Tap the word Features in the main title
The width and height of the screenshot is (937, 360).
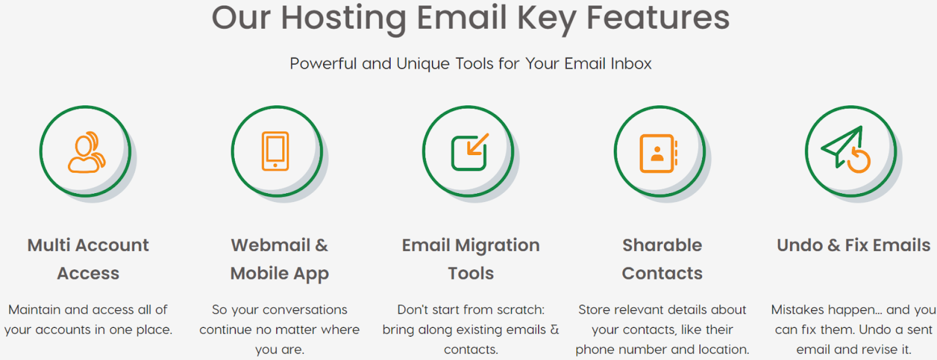click(658, 18)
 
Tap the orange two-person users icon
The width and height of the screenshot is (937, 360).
click(87, 152)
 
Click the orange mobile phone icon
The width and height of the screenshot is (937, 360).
click(275, 151)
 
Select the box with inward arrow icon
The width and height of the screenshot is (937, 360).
click(470, 152)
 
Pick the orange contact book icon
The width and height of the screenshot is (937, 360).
click(658, 153)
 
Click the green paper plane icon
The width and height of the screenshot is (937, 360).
click(842, 146)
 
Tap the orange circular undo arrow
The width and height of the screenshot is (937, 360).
click(859, 161)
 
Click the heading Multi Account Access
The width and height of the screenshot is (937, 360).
click(88, 259)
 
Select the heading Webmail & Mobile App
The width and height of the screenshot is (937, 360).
click(279, 260)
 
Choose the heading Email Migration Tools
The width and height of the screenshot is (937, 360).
click(471, 259)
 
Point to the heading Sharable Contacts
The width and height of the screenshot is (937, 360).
click(662, 259)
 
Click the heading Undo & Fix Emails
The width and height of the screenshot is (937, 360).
click(853, 245)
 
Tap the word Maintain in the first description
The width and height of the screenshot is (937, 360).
click(35, 310)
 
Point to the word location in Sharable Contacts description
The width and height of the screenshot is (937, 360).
click(724, 349)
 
